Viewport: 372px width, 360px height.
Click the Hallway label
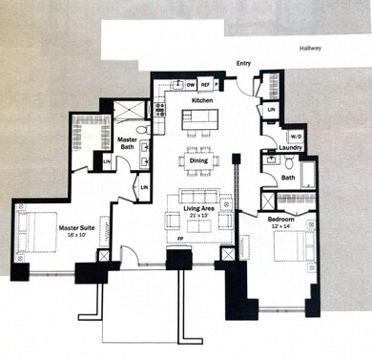click(x=310, y=47)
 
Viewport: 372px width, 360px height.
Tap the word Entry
click(x=244, y=65)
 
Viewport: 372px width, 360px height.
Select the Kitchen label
click(x=201, y=100)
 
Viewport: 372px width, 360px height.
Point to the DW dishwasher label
click(x=191, y=84)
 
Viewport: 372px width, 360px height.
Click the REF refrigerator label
click(x=205, y=84)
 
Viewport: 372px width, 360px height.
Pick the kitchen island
click(x=201, y=120)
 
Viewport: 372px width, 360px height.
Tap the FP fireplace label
click(x=181, y=239)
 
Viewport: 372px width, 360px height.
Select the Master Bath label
click(x=127, y=144)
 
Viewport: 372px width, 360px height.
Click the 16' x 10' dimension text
click(x=75, y=235)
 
